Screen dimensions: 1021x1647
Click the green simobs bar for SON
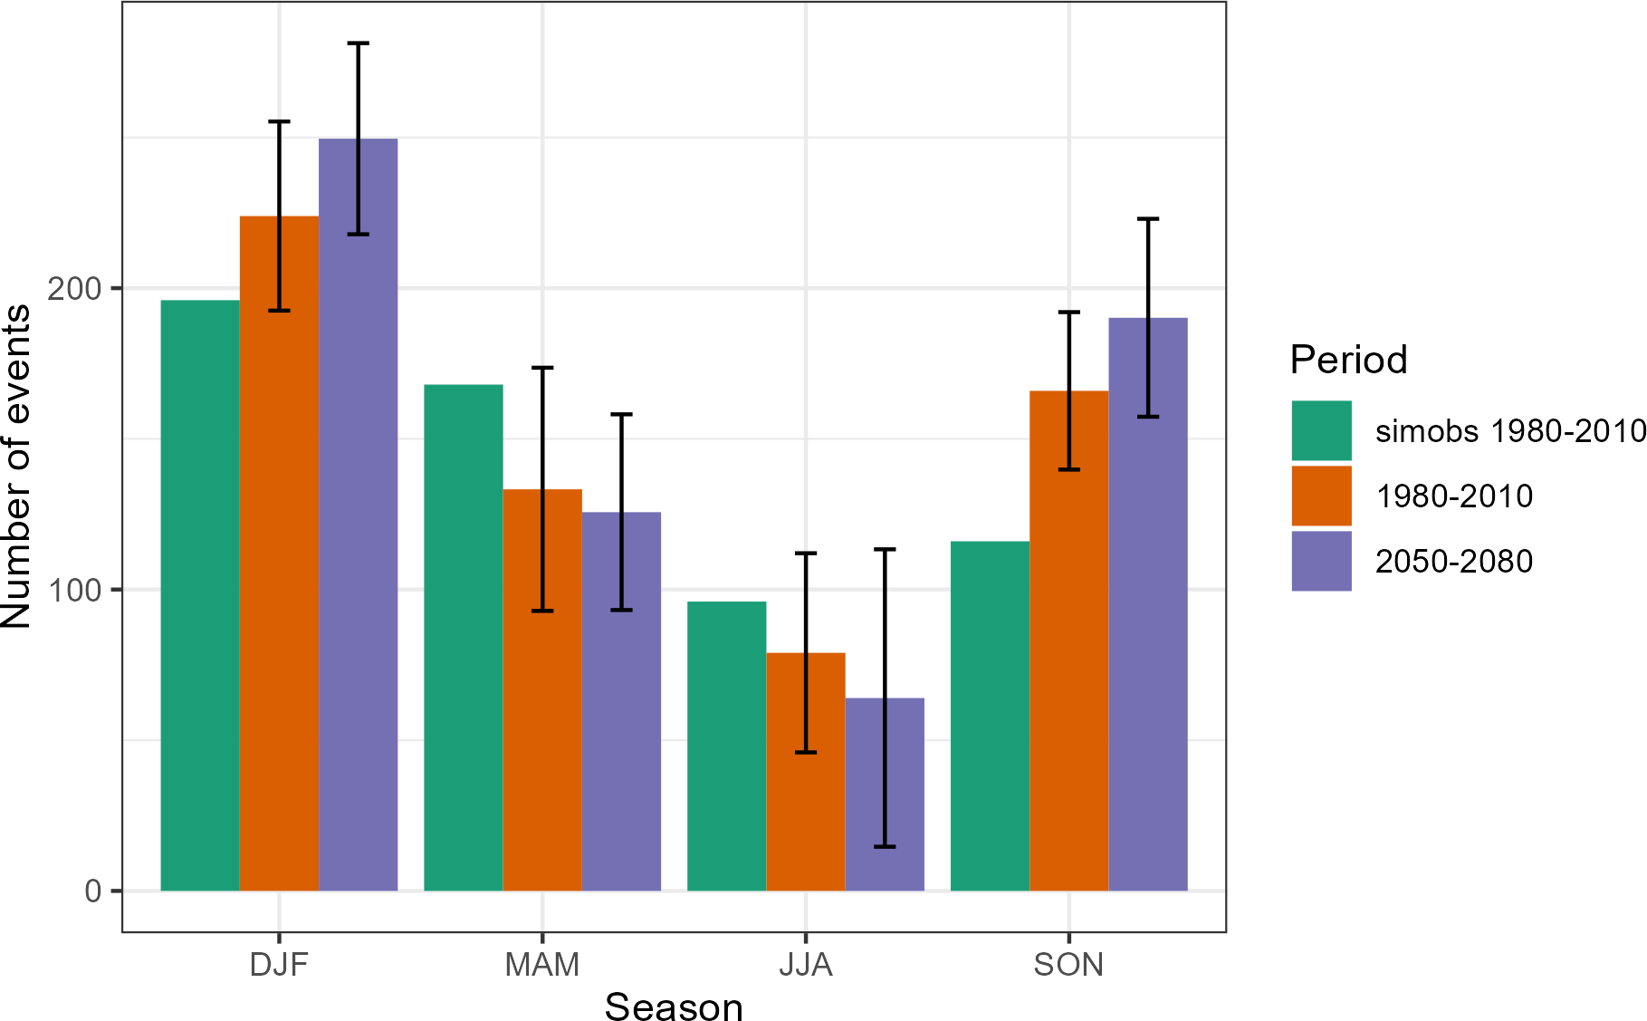pos(990,716)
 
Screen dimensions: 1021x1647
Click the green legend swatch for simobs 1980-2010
pos(1321,430)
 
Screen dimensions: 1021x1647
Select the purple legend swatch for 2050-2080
pos(1321,561)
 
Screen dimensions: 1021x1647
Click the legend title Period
pos(1348,360)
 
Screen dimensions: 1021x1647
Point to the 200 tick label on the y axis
pos(75,289)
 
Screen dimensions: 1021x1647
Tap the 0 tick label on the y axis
pos(93,891)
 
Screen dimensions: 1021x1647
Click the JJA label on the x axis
pos(805,965)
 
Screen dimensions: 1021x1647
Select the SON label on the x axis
pos(1068,965)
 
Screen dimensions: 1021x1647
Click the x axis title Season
pos(674,1006)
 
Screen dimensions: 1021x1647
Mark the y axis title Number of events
pos(16,467)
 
